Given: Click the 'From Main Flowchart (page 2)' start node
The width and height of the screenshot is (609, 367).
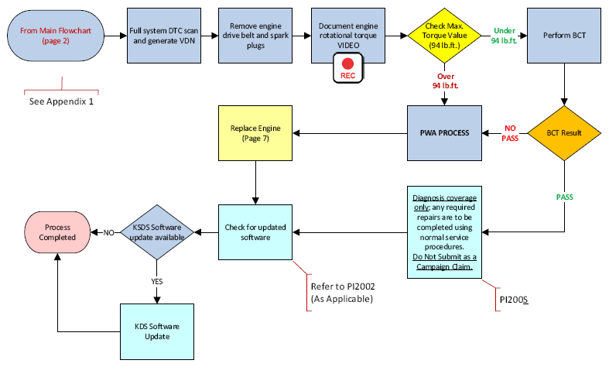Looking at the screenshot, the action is [56, 36].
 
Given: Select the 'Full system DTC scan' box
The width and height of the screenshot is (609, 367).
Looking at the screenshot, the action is [164, 36].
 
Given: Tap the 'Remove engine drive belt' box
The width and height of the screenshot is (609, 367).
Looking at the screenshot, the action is [255, 36].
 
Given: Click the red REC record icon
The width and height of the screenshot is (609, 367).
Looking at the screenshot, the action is [348, 68].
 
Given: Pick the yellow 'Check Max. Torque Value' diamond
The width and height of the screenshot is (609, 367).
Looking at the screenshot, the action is [444, 36].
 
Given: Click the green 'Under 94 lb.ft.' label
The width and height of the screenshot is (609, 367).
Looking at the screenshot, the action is [504, 36].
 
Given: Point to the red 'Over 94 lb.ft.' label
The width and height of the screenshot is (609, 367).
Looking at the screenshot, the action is [446, 81].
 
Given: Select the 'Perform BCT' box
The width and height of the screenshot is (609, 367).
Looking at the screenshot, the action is [564, 36].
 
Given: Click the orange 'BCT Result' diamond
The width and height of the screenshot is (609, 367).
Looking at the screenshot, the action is [564, 133].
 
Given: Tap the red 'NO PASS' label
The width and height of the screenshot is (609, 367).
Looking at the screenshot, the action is [510, 133].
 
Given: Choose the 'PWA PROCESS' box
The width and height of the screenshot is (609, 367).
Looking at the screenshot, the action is [444, 133].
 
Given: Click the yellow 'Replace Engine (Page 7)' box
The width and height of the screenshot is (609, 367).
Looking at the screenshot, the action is [255, 133].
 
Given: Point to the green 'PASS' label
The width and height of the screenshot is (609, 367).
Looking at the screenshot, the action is [564, 197].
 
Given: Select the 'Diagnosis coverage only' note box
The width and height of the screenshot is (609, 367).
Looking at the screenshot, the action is [444, 232].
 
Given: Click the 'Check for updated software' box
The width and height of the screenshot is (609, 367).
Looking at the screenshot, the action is [255, 232].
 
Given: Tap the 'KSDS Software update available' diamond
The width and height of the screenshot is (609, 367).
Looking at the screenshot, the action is [157, 232].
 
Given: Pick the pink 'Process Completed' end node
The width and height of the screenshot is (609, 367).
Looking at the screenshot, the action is [57, 232].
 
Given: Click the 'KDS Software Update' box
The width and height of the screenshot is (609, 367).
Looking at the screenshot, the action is [157, 331].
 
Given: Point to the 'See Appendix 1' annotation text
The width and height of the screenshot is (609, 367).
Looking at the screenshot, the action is [61, 101].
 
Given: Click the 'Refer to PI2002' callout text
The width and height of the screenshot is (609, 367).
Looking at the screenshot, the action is [343, 286].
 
